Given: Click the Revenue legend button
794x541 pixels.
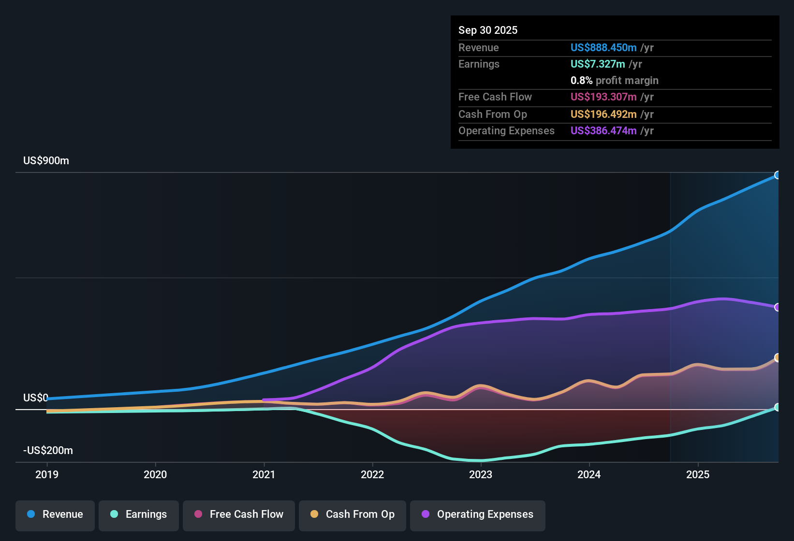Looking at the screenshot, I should pyautogui.click(x=55, y=514).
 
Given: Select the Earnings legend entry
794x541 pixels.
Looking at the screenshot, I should pyautogui.click(x=139, y=514).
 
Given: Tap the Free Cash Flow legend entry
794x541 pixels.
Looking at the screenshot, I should pyautogui.click(x=239, y=514).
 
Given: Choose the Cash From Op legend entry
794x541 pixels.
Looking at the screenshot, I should pyautogui.click(x=353, y=514).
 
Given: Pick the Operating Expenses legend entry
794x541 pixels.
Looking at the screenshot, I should pyautogui.click(x=478, y=514).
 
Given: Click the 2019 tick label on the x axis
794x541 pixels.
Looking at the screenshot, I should pyautogui.click(x=47, y=474).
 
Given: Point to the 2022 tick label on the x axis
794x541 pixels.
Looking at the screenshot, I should pyautogui.click(x=372, y=474).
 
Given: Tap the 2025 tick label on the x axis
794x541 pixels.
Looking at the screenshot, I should pyautogui.click(x=698, y=474).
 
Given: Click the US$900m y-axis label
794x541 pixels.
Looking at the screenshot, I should pyautogui.click(x=46, y=161).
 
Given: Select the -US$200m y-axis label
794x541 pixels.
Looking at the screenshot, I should pyautogui.click(x=48, y=451).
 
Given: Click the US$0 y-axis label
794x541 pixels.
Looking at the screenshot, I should pyautogui.click(x=36, y=398).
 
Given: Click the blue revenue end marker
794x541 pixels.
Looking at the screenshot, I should pyautogui.click(x=777, y=175).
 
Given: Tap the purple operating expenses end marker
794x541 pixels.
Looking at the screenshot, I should pyautogui.click(x=777, y=307).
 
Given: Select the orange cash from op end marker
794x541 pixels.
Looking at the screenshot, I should pyautogui.click(x=777, y=357).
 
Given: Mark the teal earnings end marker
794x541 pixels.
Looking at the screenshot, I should pyautogui.click(x=777, y=407).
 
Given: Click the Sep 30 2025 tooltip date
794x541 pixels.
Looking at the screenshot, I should pyautogui.click(x=488, y=30).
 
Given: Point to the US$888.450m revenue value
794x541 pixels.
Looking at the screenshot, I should pyautogui.click(x=603, y=48).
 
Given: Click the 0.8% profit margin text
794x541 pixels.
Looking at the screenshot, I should pyautogui.click(x=614, y=81).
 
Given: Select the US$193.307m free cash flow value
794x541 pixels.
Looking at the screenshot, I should pyautogui.click(x=603, y=97).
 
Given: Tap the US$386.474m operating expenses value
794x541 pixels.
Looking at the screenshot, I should pyautogui.click(x=603, y=131).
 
